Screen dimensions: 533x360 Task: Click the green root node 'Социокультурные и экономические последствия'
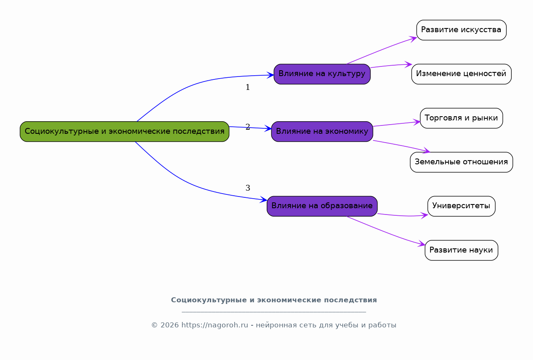tap(125, 132)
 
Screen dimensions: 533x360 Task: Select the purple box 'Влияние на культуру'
tap(322, 74)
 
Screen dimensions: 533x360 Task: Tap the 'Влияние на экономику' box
tap(322, 132)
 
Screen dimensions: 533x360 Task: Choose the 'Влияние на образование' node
tap(322, 206)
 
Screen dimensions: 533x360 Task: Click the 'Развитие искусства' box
tap(462, 30)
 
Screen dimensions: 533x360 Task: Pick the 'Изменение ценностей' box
tap(462, 74)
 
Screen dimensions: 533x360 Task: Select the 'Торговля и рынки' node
tap(462, 118)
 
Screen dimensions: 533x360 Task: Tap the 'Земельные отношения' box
tap(462, 162)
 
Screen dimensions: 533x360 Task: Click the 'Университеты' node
tap(462, 206)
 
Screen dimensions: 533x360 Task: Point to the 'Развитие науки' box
tap(462, 250)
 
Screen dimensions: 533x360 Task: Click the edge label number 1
tap(248, 87)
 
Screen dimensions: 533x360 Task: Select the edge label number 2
tap(248, 127)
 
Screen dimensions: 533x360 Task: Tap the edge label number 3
tap(248, 188)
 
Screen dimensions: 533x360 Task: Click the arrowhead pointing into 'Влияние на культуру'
tap(270, 75)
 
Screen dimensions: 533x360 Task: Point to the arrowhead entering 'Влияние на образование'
tap(263, 199)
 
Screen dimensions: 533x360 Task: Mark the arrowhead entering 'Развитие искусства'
tap(413, 39)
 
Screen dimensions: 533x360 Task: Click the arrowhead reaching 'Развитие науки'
tap(421, 243)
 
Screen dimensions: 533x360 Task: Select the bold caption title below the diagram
tap(274, 300)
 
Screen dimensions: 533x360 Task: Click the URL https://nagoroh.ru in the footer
tap(214, 325)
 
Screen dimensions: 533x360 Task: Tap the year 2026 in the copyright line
tap(169, 325)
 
